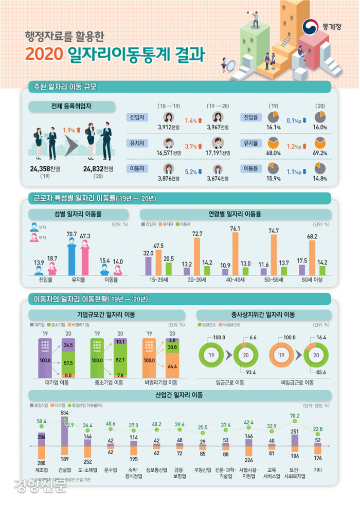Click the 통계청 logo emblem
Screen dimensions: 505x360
pos(310,26)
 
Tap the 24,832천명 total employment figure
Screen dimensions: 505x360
pos(98,169)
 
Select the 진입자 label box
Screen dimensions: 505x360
pos(137,116)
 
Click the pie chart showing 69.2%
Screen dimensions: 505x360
pos(321,143)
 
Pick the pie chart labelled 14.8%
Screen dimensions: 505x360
pos(321,168)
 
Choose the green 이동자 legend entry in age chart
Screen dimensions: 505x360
pos(185,224)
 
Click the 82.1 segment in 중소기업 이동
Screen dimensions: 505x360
pos(121,358)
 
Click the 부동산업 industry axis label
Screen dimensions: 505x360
pos(203,469)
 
